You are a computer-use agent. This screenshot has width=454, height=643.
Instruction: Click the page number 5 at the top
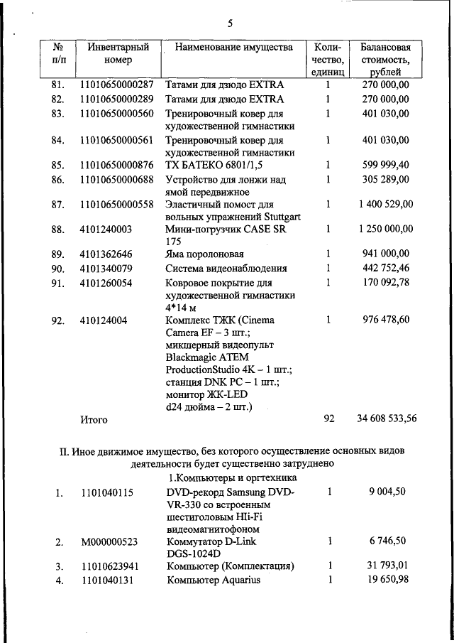[x=231, y=23]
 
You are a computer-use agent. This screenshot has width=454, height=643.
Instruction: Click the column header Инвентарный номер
[x=118, y=54]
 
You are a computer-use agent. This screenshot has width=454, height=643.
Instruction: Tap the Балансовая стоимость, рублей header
[x=385, y=60]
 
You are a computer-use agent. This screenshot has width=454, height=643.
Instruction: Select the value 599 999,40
[x=385, y=165]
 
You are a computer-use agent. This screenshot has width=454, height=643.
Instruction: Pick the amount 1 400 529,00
[x=385, y=205]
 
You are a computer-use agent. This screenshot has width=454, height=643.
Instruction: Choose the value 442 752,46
[x=385, y=269]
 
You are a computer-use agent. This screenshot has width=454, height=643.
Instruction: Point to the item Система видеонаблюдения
[x=226, y=269]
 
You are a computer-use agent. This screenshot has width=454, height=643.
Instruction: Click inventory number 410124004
[x=104, y=320]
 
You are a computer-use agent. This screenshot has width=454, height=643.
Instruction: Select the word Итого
[x=94, y=420]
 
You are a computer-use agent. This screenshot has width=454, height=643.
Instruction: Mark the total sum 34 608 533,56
[x=387, y=419]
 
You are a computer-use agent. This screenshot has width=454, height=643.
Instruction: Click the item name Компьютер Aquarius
[x=214, y=580]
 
